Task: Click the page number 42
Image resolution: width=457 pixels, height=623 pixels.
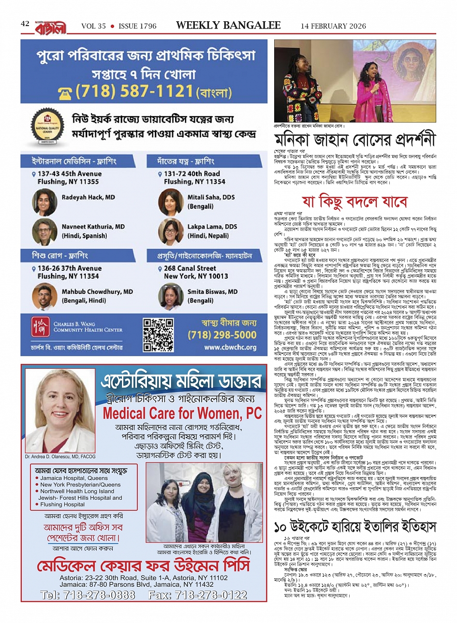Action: [x=25, y=24]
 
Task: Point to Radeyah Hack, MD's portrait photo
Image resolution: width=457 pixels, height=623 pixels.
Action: [x=45, y=202]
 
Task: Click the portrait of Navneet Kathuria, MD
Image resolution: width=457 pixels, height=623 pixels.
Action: [x=45, y=232]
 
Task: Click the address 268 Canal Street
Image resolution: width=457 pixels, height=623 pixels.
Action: [x=190, y=268]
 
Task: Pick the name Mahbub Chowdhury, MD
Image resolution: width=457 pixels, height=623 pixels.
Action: [x=97, y=291]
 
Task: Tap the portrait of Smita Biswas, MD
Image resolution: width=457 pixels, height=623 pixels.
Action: [x=170, y=296]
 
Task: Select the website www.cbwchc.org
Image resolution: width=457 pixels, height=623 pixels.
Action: [x=230, y=347]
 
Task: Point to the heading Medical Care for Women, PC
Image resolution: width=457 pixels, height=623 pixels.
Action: [x=182, y=413]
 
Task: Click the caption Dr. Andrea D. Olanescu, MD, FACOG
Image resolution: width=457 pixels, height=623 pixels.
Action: [x=60, y=456]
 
